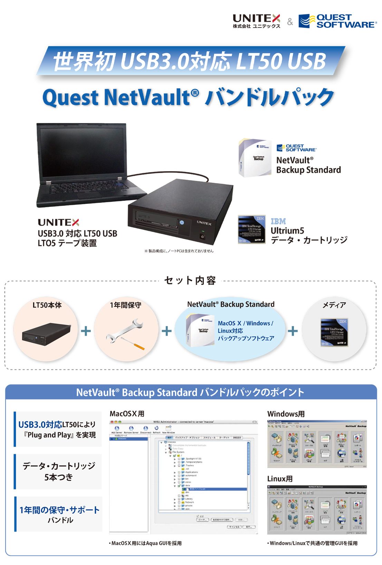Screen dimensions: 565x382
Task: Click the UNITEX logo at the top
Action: [x=256, y=21]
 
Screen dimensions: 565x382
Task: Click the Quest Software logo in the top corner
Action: [x=337, y=21]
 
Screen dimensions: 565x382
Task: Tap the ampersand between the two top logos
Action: [x=290, y=22]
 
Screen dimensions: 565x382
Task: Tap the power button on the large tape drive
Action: [x=202, y=237]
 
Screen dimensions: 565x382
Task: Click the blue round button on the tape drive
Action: [x=182, y=222]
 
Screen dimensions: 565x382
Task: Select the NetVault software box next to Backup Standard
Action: [x=255, y=158]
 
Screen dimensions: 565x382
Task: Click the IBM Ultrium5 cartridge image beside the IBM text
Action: [x=252, y=229]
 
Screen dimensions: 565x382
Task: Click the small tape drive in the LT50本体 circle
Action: [x=46, y=334]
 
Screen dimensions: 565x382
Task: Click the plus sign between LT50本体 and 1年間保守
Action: [x=86, y=331]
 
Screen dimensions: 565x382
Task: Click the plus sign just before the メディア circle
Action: [x=293, y=331]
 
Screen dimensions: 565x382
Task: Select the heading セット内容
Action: [x=190, y=280]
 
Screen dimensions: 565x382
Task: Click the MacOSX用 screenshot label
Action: [x=127, y=414]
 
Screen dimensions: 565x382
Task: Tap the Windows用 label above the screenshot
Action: [x=286, y=414]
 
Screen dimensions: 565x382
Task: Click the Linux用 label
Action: [x=280, y=479]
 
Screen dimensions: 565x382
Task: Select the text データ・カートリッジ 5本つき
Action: [x=59, y=471]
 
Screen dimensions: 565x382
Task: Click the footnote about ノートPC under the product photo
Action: [x=179, y=251]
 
